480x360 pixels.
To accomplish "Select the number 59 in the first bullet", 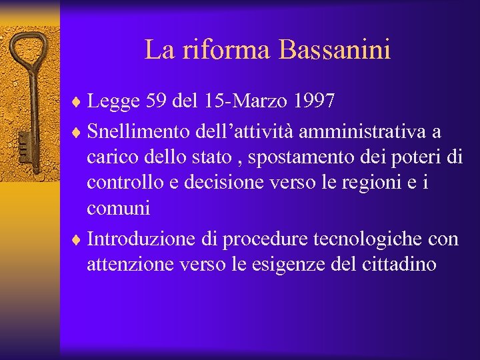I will [155, 101].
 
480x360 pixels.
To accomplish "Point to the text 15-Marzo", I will [238, 101].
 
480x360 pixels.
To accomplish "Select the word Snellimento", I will [139, 129].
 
